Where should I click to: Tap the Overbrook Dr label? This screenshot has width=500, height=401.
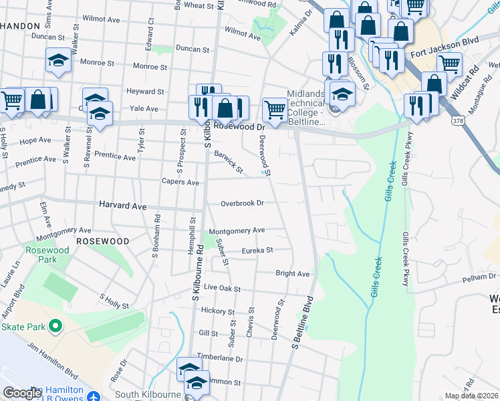coord(243,203)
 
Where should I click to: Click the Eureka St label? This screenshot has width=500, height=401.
coord(257,251)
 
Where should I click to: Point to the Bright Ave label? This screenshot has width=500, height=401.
coord(292,273)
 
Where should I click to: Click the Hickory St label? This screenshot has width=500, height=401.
coord(219,311)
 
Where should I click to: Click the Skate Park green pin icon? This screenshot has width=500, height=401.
coord(55,327)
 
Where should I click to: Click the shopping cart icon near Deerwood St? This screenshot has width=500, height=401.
coord(275,109)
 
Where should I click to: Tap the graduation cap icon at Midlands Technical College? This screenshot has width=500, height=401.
coord(342,92)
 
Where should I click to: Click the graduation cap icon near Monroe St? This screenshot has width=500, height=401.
coord(59,60)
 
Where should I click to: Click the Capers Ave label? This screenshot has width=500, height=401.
coord(180,182)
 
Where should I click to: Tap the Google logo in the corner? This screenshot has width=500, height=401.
coord(22,393)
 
